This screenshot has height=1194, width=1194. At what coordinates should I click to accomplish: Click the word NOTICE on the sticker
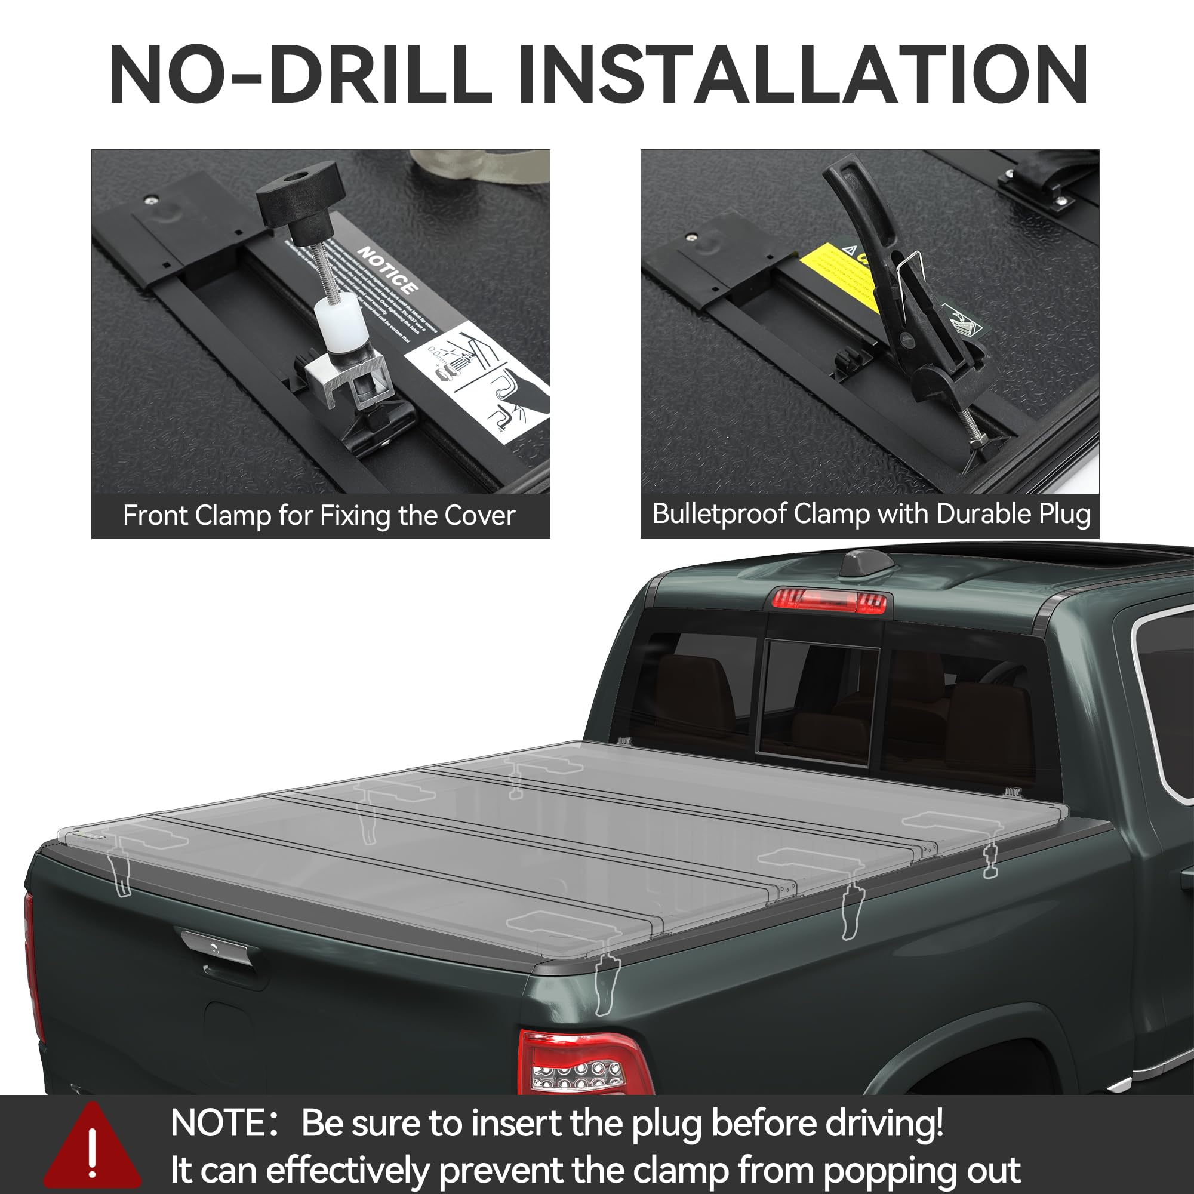click(387, 270)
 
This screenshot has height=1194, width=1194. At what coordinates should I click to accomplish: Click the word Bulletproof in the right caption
click(719, 514)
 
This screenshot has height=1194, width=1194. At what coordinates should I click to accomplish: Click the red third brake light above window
click(829, 599)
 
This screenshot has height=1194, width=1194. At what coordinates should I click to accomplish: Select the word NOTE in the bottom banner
click(217, 1123)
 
